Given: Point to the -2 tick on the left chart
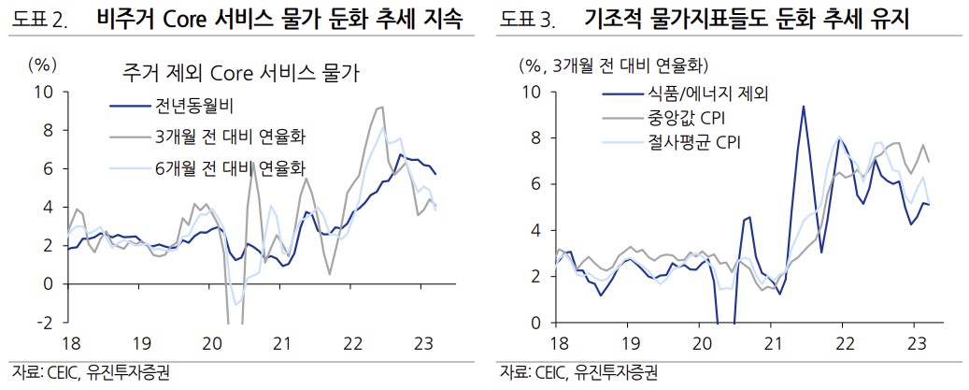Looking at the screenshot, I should (45, 322).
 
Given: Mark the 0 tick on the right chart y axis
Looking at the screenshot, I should (533, 323).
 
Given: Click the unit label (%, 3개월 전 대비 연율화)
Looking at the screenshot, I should (613, 65).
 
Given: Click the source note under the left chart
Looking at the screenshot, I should (92, 372).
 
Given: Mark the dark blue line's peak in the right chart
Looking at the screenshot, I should (803, 106).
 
